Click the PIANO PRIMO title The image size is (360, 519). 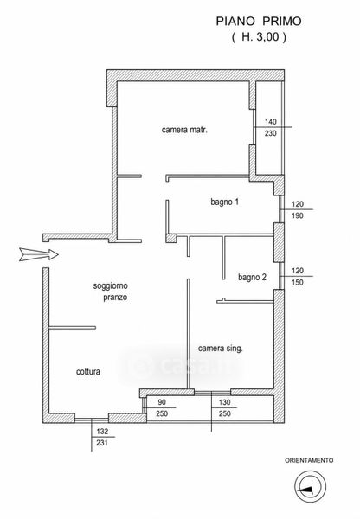(x=259, y=21)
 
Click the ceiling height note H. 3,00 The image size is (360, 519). (x=259, y=36)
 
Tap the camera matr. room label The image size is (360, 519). (x=184, y=130)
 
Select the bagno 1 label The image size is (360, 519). (x=224, y=202)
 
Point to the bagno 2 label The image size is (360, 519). (x=252, y=277)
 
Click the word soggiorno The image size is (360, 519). (x=110, y=285)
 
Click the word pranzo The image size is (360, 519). (x=115, y=298)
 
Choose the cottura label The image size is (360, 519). (x=88, y=371)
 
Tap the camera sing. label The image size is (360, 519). (x=221, y=349)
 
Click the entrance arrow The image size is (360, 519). (x=39, y=254)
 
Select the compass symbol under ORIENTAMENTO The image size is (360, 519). (x=311, y=487)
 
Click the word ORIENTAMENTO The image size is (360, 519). (x=309, y=460)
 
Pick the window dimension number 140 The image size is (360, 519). (x=271, y=122)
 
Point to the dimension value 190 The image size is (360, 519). (x=298, y=215)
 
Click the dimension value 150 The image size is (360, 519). (x=298, y=282)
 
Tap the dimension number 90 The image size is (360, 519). (x=162, y=402)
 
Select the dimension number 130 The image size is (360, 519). (x=224, y=402)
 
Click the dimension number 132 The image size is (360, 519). (x=102, y=432)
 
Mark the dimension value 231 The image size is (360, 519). (x=102, y=443)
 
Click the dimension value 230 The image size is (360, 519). (x=271, y=133)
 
